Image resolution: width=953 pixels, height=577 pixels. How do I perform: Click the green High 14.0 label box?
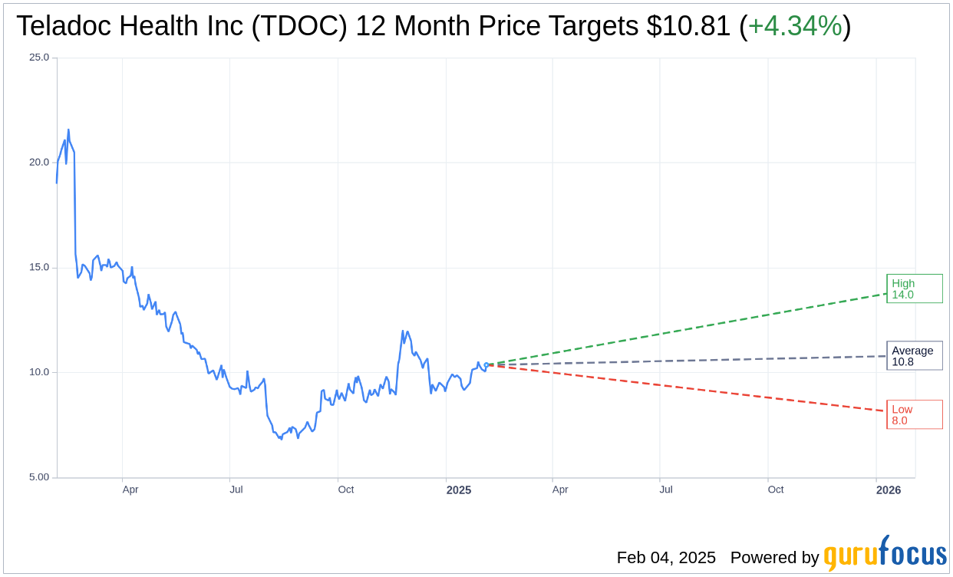tap(914, 288)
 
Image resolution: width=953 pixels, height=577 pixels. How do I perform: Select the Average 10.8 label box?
tap(914, 356)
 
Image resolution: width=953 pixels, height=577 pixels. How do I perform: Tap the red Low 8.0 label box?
tap(914, 414)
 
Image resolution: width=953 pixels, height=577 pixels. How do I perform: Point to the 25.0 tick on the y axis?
tap(39, 58)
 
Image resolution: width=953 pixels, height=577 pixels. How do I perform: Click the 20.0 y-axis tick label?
tap(39, 163)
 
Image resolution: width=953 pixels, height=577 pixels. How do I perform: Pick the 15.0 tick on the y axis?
tap(39, 268)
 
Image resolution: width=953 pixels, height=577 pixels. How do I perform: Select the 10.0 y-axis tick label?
tap(39, 372)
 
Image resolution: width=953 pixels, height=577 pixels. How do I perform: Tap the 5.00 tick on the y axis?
tap(39, 477)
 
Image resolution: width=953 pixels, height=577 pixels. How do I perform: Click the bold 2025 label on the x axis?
tap(459, 490)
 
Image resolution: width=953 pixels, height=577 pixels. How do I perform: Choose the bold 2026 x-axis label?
tap(889, 490)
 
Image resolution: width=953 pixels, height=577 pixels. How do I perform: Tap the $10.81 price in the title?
tap(688, 27)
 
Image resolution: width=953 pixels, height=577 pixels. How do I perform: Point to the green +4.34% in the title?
tap(795, 27)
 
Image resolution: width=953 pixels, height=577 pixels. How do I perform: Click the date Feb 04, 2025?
tap(666, 558)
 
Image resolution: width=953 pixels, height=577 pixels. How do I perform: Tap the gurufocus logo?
tap(885, 554)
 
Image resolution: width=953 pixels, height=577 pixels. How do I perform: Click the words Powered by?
tap(774, 558)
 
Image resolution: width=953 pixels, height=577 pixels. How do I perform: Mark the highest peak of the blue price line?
tap(68, 130)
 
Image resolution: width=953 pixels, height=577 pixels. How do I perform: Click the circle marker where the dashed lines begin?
tap(486, 364)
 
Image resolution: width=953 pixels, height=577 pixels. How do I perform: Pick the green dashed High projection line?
tap(691, 328)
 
